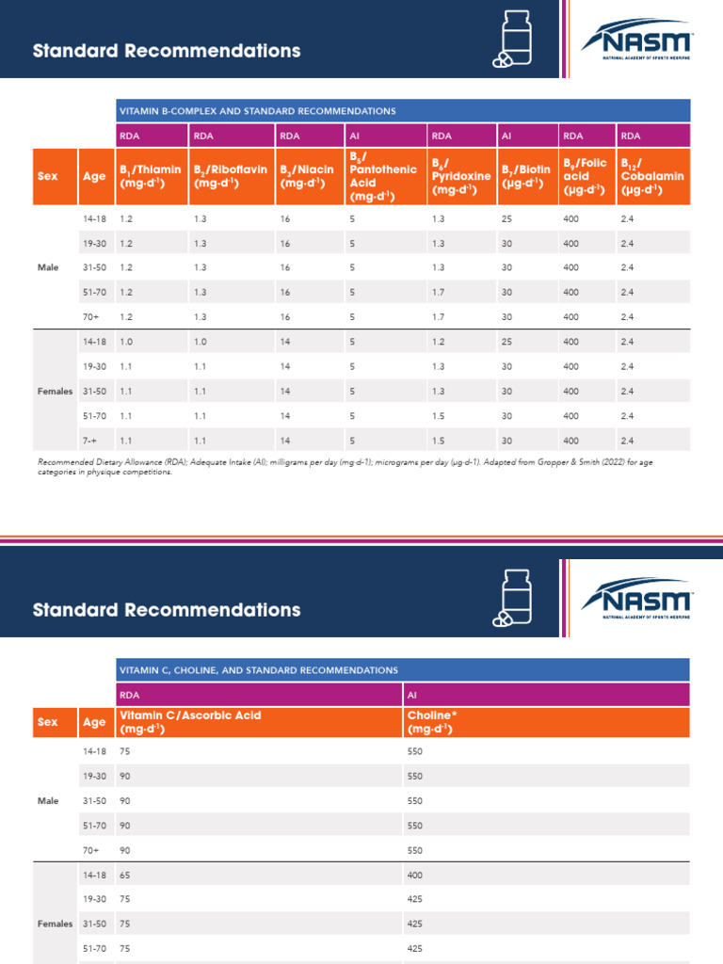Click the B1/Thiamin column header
[x=150, y=176]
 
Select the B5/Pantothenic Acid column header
[x=382, y=176]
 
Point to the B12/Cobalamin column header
[x=651, y=176]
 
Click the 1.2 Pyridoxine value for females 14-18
[x=438, y=342]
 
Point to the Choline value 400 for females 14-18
[x=415, y=875]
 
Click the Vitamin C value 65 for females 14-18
[x=126, y=875]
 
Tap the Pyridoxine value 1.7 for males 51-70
[x=438, y=292]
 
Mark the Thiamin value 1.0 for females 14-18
[x=126, y=342]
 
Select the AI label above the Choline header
[x=412, y=695]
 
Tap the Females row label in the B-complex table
[x=56, y=391]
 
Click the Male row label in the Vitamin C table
[x=48, y=801]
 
